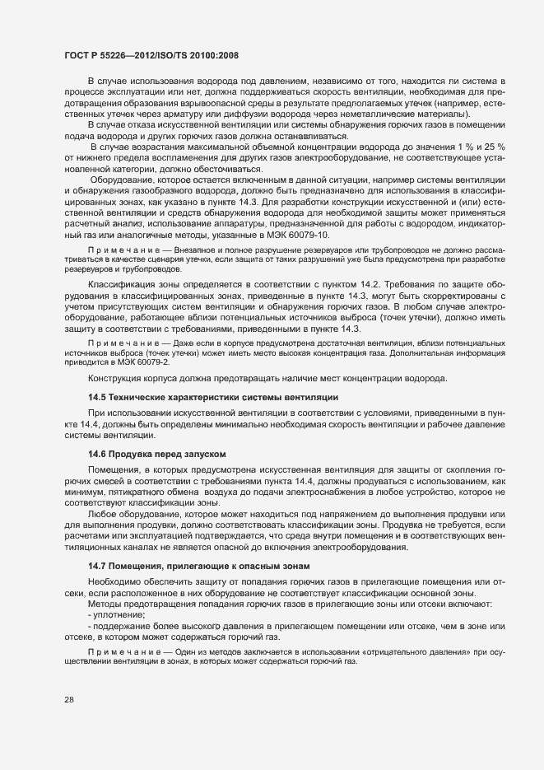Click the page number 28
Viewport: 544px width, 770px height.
(x=69, y=700)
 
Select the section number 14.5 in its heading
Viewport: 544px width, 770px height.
(x=97, y=398)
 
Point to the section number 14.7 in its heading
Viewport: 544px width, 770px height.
(x=97, y=567)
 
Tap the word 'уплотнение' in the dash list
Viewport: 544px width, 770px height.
(x=118, y=614)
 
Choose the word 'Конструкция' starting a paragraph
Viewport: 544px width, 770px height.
(x=117, y=379)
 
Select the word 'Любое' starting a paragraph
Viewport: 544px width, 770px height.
(x=101, y=514)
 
